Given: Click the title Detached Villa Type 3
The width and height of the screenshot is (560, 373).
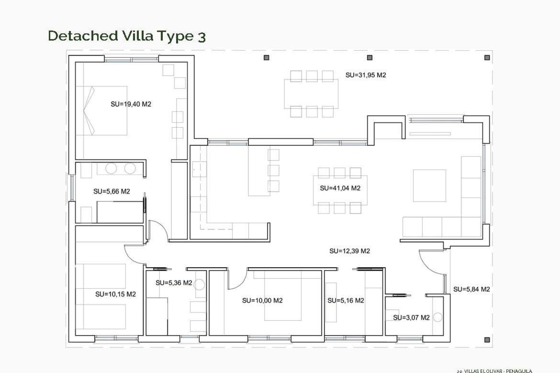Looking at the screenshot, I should [127, 36].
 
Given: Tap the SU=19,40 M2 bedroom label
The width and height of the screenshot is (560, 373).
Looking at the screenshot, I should [131, 104].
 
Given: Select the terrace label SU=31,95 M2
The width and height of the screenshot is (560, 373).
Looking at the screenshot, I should [365, 75].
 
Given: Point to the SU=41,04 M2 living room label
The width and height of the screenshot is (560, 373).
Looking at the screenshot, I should [340, 188].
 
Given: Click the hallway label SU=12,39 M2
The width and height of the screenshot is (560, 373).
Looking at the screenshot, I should [349, 251].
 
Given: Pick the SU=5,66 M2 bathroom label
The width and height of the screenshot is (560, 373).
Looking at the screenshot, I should [111, 191].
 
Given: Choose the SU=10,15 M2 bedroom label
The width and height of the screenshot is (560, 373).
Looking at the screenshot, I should [116, 294].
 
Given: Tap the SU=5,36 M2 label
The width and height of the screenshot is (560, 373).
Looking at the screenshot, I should [174, 283].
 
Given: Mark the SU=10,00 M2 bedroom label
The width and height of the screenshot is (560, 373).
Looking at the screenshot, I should [262, 300].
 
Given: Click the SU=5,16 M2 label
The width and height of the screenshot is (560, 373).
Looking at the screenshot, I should [346, 300].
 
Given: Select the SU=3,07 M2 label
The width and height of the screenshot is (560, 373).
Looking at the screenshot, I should [411, 318].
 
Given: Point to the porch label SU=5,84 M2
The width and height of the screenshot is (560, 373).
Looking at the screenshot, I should [471, 289].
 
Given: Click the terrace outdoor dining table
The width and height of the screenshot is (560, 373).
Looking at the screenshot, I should [311, 94].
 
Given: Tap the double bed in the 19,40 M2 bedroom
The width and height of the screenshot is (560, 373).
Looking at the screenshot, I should [102, 110].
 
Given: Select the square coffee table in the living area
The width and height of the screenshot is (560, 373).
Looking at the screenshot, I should [429, 186].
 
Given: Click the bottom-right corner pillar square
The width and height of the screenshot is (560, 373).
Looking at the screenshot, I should [487, 339].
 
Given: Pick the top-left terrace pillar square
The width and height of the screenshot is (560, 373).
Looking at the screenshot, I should [266, 58].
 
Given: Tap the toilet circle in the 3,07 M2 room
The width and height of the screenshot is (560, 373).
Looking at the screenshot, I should [437, 317].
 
